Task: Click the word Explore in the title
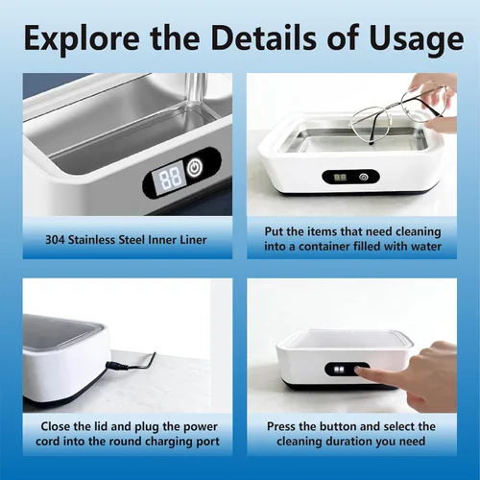pos(82,38)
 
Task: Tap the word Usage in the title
pos(417,40)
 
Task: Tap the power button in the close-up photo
pos(194,168)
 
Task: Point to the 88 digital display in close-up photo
pos(169,179)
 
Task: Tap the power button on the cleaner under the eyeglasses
pos(363,177)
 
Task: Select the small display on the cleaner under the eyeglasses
pos(340,177)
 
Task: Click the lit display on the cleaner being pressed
pos(339,370)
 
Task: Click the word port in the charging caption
pos(208,442)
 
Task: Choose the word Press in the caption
pos(280,426)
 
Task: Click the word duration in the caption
pos(352,442)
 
